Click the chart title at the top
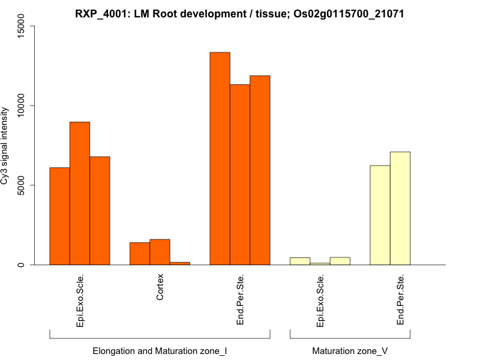[x=240, y=14]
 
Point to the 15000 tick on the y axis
[x=22, y=26]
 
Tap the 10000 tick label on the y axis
[x=22, y=106]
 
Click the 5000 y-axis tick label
[x=22, y=185]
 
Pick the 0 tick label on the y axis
[x=22, y=265]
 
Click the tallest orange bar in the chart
[x=220, y=158]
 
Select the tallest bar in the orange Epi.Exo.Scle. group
[x=80, y=193]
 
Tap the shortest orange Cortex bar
[x=180, y=263]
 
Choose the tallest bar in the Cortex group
[x=160, y=252]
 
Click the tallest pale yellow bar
[x=400, y=208]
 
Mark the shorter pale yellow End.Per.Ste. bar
[x=380, y=215]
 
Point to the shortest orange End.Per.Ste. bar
[x=240, y=175]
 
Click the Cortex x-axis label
[x=160, y=288]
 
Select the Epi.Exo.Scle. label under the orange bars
[x=80, y=301]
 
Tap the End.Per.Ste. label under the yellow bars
[x=400, y=300]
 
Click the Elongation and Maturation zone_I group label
[x=160, y=350]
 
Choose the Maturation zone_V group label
[x=350, y=350]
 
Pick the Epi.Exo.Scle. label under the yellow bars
[x=320, y=301]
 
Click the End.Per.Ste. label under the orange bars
[x=240, y=300]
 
